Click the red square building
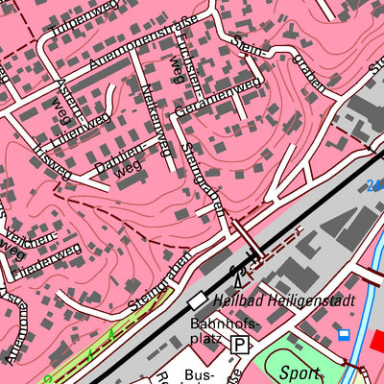coord(376,341)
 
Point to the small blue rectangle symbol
coord(343,334)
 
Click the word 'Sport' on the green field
coord(300,372)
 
